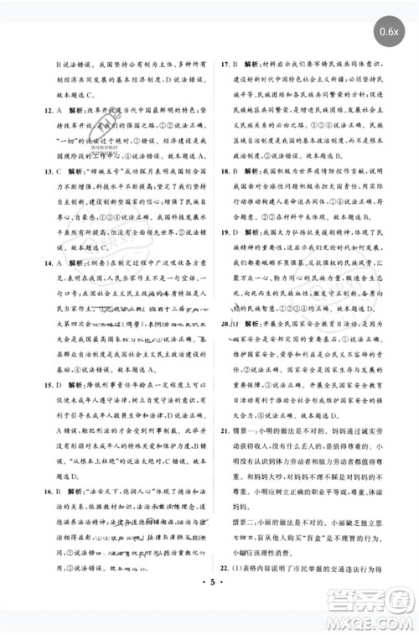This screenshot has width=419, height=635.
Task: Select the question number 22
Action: tap(224, 586)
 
